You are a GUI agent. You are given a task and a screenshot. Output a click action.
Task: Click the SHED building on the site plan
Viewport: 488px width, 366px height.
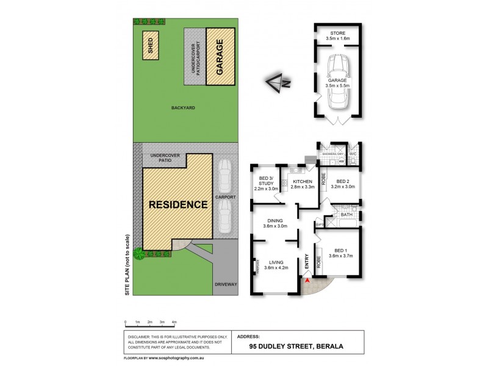click(x=149, y=45)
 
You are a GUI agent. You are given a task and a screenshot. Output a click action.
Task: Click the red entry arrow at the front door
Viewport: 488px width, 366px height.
click(x=307, y=280)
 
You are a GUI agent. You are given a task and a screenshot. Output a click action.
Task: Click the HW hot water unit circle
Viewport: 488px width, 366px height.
click(x=343, y=161)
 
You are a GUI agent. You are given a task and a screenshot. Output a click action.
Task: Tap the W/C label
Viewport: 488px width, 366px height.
click(x=353, y=154)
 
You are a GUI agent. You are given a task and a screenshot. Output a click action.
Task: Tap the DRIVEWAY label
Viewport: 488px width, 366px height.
click(x=226, y=284)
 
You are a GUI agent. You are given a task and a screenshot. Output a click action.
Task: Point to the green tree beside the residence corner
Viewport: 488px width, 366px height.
click(x=139, y=253)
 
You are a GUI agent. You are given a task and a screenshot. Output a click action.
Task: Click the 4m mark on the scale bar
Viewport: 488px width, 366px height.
click(x=174, y=322)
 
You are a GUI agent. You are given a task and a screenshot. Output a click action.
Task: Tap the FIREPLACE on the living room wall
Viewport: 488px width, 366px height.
click(x=257, y=266)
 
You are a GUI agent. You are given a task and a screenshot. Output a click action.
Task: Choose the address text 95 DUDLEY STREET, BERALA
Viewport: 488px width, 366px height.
click(x=296, y=346)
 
